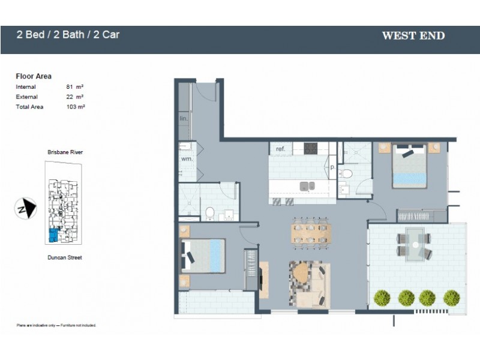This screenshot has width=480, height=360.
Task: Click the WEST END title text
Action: point(413,35)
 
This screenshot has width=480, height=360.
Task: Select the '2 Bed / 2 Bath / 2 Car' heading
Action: point(68,34)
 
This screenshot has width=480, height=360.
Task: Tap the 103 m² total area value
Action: point(74,106)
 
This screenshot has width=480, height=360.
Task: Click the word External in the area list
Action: point(26,97)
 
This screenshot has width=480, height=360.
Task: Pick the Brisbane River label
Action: point(65,152)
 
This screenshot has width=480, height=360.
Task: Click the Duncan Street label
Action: point(65,257)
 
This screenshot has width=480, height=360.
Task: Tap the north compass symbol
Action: point(25,209)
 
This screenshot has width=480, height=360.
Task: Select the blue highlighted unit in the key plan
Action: point(53,235)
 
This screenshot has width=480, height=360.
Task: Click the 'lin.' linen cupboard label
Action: point(184,119)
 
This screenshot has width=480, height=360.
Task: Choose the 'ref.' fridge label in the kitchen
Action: point(280,148)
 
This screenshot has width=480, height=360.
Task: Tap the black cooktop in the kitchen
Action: point(310,148)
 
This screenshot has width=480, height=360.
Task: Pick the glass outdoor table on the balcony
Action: point(414,244)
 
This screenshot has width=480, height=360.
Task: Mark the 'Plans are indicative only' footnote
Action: point(56,325)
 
